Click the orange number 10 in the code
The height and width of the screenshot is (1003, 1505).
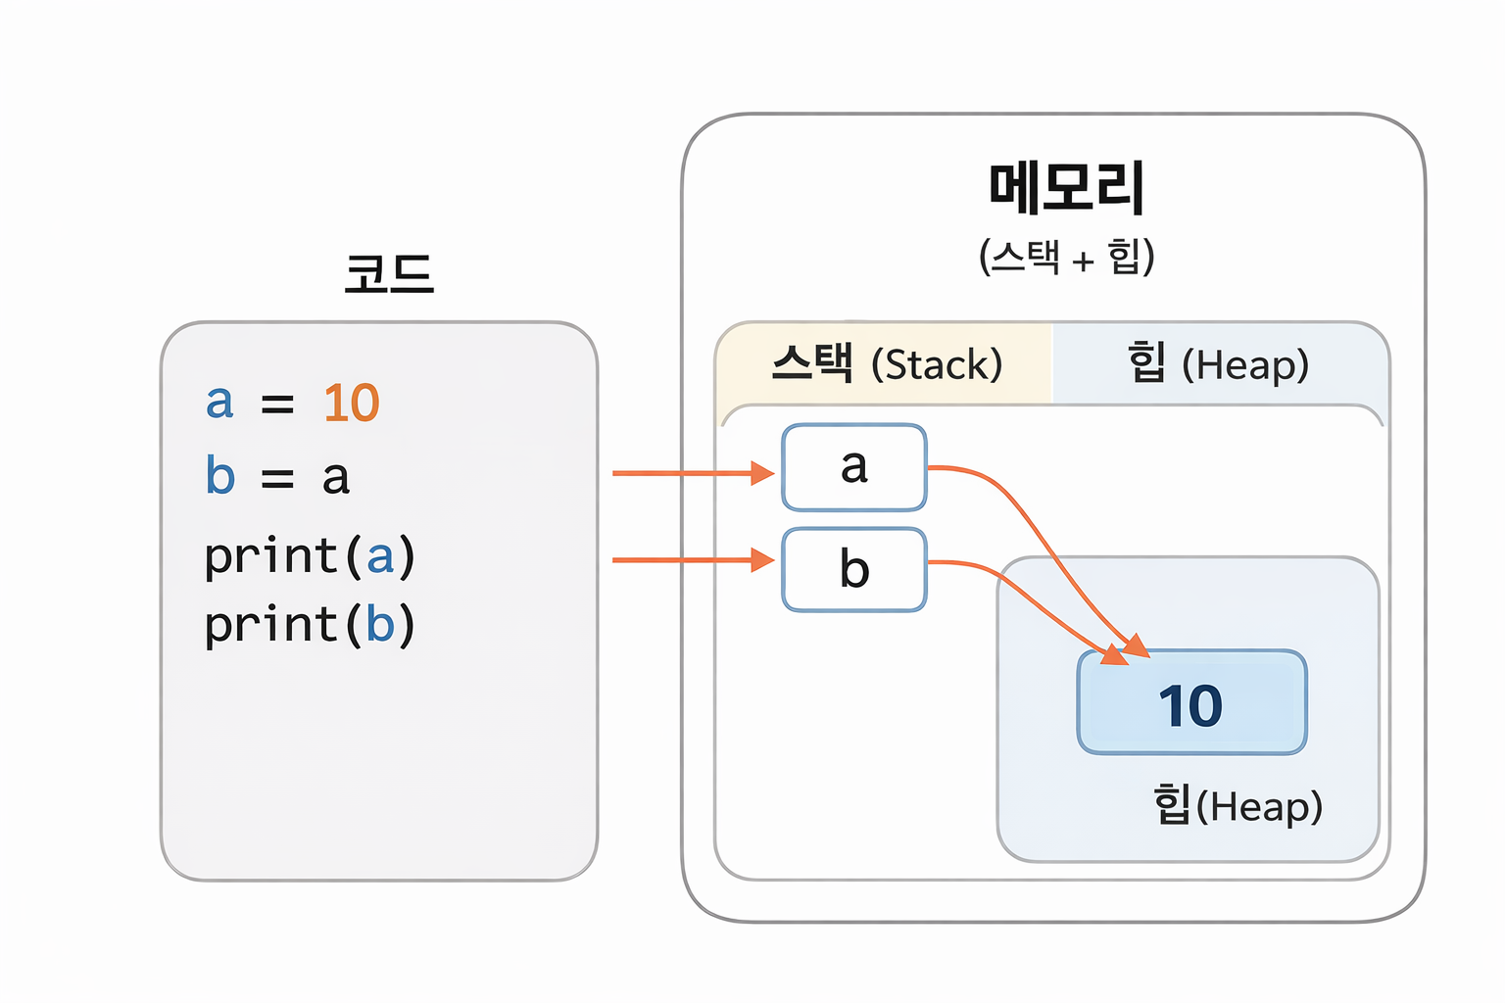[351, 403]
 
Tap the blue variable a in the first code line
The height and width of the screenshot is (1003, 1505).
[219, 403]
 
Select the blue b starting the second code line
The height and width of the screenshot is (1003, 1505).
[220, 476]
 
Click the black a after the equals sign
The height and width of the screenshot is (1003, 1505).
[336, 478]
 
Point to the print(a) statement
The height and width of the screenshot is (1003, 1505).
[310, 556]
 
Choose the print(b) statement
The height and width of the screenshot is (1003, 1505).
[310, 625]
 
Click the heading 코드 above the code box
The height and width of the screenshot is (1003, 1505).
[388, 273]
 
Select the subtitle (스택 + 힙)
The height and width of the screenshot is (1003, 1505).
[1066, 257]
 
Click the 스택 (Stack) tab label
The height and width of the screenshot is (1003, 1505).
[886, 364]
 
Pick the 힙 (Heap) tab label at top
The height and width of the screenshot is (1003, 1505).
[1218, 364]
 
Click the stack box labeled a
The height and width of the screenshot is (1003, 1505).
[853, 467]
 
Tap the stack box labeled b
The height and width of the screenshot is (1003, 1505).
[853, 569]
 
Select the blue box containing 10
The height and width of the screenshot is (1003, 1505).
[1191, 702]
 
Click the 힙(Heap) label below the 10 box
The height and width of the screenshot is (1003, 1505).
[1238, 806]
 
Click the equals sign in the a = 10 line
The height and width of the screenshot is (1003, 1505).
[277, 404]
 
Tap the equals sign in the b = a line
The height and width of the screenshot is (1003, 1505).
[277, 478]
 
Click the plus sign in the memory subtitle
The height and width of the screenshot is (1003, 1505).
[1083, 262]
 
